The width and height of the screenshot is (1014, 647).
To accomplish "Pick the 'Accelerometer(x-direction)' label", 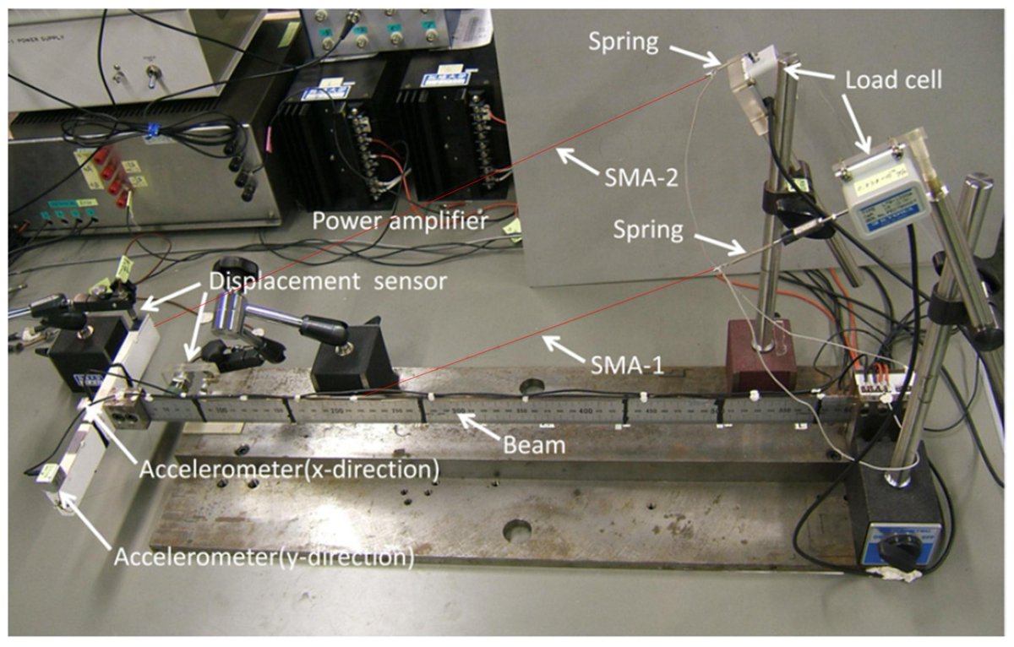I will point(289,470).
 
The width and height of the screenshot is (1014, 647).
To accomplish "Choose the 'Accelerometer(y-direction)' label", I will point(264,557).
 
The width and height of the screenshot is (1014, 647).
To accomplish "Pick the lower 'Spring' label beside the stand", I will point(649,230).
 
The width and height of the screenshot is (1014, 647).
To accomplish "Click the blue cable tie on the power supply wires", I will point(153,130).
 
